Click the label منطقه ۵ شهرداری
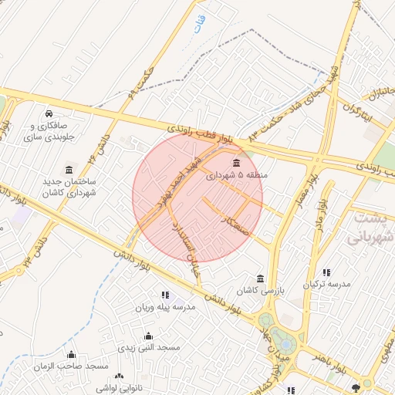(x=235, y=176)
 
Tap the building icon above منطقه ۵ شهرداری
(x=235, y=163)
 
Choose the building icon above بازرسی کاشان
(x=260, y=279)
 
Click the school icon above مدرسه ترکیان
(x=327, y=272)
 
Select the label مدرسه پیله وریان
(x=166, y=307)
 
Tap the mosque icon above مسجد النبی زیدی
(x=148, y=336)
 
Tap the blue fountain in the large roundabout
(x=282, y=340)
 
